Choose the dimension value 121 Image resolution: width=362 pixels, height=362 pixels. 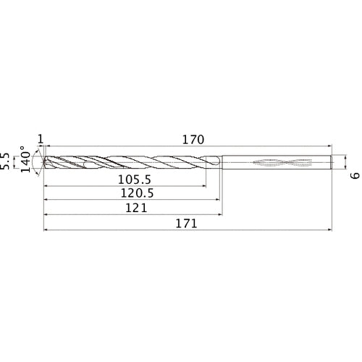point(135,208)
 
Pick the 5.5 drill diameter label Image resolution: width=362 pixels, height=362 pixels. point(8,161)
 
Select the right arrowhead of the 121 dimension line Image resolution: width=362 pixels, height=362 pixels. point(221,215)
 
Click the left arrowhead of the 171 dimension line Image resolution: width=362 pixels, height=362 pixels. point(47,230)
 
